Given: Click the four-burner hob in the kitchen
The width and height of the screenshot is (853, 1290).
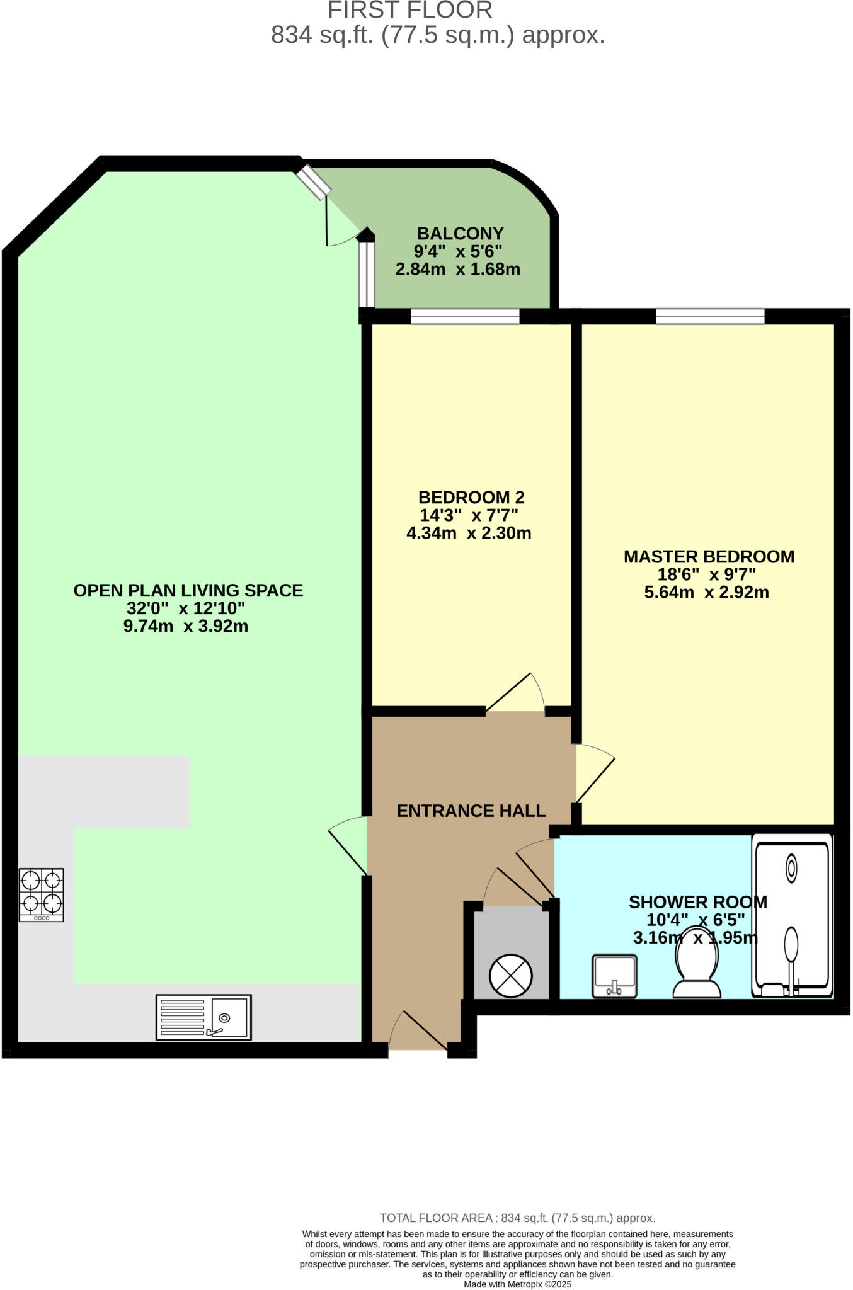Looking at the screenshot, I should pyautogui.click(x=42, y=894).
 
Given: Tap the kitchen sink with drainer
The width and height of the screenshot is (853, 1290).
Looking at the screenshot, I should pyautogui.click(x=203, y=1017).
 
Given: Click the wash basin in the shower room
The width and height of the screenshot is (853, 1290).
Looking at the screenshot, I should pyautogui.click(x=614, y=976).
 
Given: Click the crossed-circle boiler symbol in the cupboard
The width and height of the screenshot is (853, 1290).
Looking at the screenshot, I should pyautogui.click(x=511, y=976).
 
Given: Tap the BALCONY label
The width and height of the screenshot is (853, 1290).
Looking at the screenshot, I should pyautogui.click(x=460, y=234).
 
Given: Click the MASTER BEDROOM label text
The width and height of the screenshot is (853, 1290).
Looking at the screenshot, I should pyautogui.click(x=709, y=557).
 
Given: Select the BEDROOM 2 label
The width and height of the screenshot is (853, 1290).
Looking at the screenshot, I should pyautogui.click(x=471, y=498).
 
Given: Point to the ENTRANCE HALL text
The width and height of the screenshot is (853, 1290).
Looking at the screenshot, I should pyautogui.click(x=471, y=811).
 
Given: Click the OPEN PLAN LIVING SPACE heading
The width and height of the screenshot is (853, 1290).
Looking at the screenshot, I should pyautogui.click(x=188, y=591).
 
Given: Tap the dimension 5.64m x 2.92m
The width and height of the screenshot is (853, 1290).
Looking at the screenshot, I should pyautogui.click(x=706, y=593).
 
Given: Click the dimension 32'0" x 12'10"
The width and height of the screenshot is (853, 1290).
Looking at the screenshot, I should pyautogui.click(x=185, y=608).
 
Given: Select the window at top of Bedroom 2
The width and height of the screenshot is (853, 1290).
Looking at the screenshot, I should pyautogui.click(x=465, y=316).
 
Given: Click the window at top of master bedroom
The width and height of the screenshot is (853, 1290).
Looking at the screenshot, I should pyautogui.click(x=710, y=316).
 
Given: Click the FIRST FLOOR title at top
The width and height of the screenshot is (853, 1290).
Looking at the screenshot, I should pyautogui.click(x=410, y=10).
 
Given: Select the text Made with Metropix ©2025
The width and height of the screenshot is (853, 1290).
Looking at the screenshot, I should pyautogui.click(x=517, y=1284).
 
